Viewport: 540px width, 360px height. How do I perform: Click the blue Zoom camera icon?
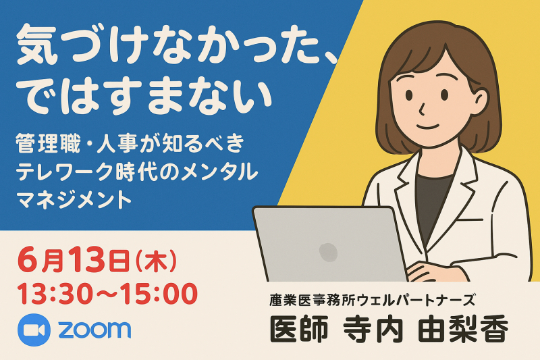tap(34, 330)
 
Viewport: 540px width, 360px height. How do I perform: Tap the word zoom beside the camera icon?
tap(94, 330)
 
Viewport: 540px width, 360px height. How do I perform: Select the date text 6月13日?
tap(74, 261)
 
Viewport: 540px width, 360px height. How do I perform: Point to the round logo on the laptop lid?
tap(328, 251)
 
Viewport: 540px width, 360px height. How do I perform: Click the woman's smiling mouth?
tap(428, 126)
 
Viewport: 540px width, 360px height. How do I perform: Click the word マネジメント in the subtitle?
tap(74, 200)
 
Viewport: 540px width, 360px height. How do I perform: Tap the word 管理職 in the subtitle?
tap(48, 144)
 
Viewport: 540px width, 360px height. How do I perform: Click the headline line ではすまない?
tap(144, 96)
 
